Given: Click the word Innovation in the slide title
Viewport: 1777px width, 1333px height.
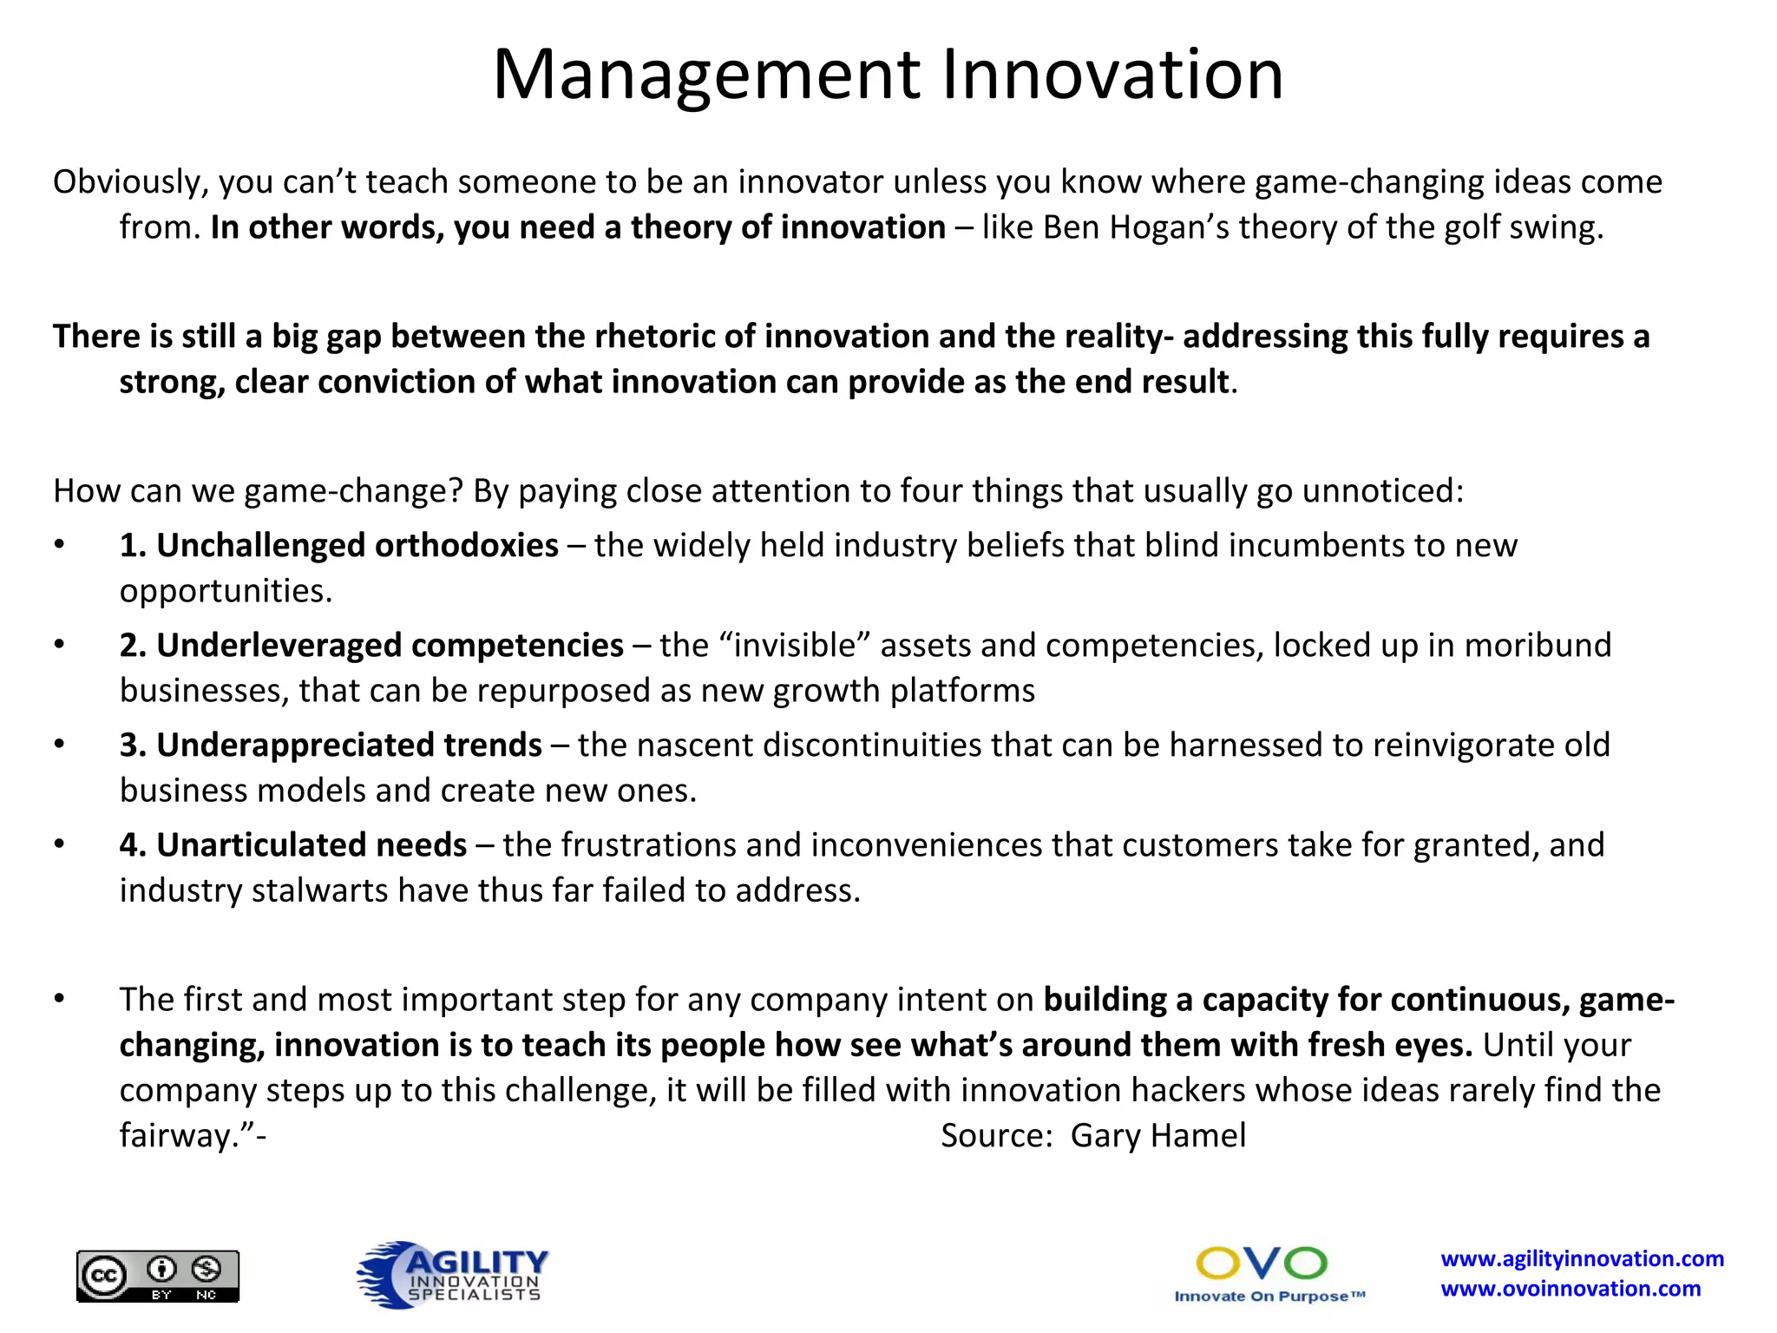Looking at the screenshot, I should tap(1112, 76).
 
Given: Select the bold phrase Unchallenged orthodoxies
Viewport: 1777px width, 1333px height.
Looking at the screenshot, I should tap(357, 546).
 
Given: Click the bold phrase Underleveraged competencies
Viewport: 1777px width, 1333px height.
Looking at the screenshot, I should tap(390, 646).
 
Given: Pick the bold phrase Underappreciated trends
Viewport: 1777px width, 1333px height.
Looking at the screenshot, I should tap(349, 745).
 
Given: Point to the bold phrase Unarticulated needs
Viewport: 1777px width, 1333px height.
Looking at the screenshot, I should tap(311, 845).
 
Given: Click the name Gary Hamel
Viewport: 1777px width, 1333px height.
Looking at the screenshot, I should tap(1157, 1136).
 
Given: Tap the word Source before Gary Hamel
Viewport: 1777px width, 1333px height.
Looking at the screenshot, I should tap(995, 1136).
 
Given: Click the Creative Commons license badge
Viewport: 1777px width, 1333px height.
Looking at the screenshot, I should tap(158, 1276).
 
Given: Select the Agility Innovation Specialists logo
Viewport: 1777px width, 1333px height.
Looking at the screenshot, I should tap(452, 1274).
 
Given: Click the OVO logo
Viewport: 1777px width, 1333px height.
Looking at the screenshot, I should tap(1261, 1264).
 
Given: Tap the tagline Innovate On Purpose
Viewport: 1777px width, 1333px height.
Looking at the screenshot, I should tap(1269, 1297).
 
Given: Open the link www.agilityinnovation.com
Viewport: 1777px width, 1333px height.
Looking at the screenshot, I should tap(1582, 1259).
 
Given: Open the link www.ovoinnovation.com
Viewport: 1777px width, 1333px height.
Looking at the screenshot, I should tap(1570, 1289).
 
